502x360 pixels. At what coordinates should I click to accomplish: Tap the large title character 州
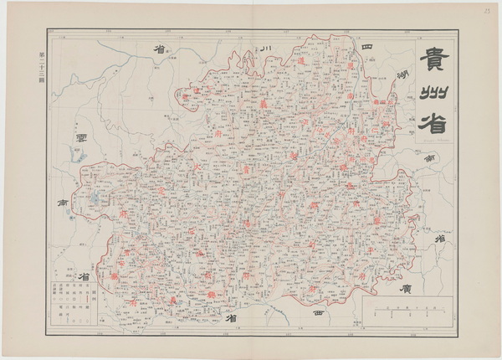[435, 92]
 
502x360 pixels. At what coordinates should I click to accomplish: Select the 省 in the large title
[434, 121]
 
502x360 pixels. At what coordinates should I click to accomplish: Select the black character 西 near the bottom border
[318, 311]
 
